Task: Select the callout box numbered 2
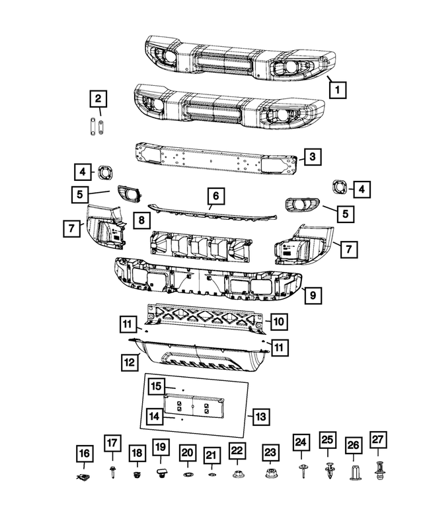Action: click(98, 99)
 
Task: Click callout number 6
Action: click(215, 195)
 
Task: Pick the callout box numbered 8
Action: click(140, 219)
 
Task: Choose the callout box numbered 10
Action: click(278, 322)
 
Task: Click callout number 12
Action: click(129, 362)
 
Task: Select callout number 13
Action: click(260, 417)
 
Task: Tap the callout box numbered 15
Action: click(155, 386)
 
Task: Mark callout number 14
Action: click(155, 417)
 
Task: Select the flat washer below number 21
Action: click(211, 475)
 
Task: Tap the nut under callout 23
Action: click(270, 473)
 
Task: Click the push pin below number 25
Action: click(328, 470)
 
